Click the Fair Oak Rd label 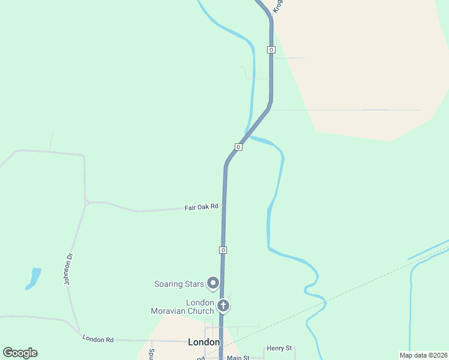[201, 208]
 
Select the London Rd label [98, 340]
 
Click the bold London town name [203, 342]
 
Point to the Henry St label [279, 348]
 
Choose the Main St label [237, 358]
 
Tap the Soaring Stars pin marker [213, 283]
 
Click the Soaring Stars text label [179, 284]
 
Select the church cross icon [223, 306]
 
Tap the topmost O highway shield [271, 50]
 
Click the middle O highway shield [238, 147]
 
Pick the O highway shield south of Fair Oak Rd [223, 250]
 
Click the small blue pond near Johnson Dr [34, 278]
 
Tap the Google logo [20, 353]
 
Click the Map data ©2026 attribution [423, 355]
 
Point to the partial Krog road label [277, 6]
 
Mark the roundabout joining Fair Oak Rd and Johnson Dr [86, 203]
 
